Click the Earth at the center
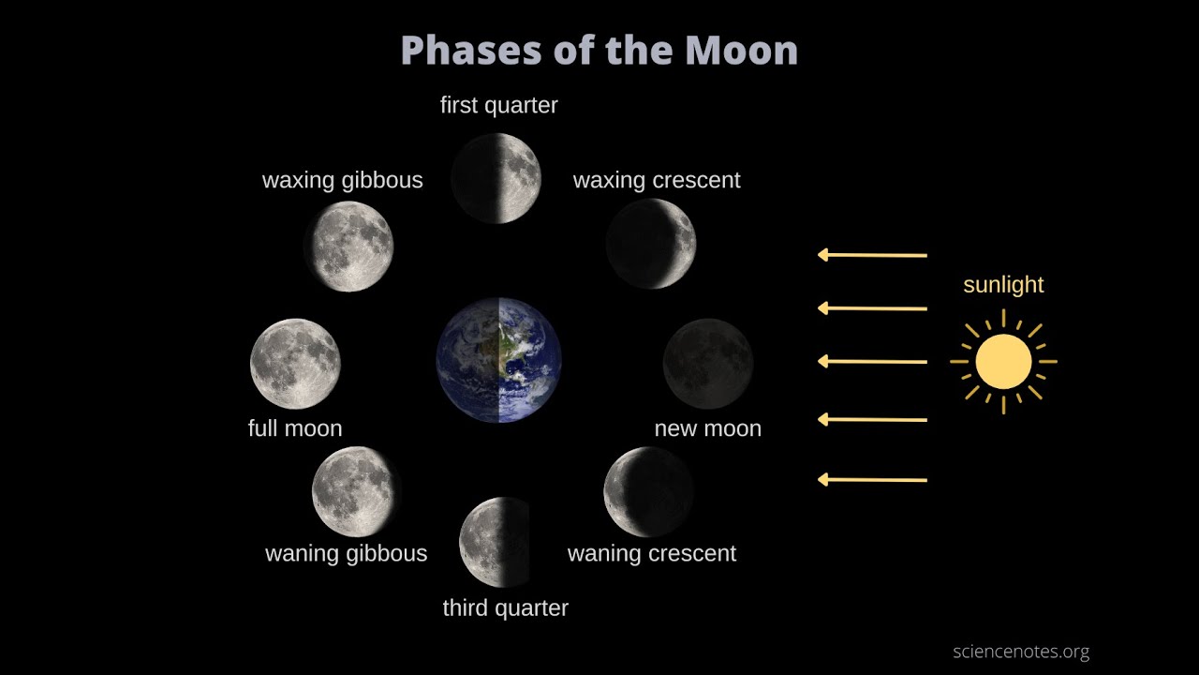point(499,360)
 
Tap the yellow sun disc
point(1003,362)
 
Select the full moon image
point(295,364)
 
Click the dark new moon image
point(708,364)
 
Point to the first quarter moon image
point(496,178)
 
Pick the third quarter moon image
point(495,542)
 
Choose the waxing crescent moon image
point(651,244)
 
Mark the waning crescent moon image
point(649,492)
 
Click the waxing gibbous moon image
point(349,247)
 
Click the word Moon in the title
point(741,51)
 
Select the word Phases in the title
point(471,51)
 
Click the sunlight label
point(1003,284)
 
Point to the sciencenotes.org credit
point(1021,652)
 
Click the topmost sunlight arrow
point(872,255)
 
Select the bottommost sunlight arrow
point(872,479)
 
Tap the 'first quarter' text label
point(499,106)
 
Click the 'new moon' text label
point(707,428)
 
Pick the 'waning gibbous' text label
point(347,554)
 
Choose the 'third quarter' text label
point(505,608)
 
